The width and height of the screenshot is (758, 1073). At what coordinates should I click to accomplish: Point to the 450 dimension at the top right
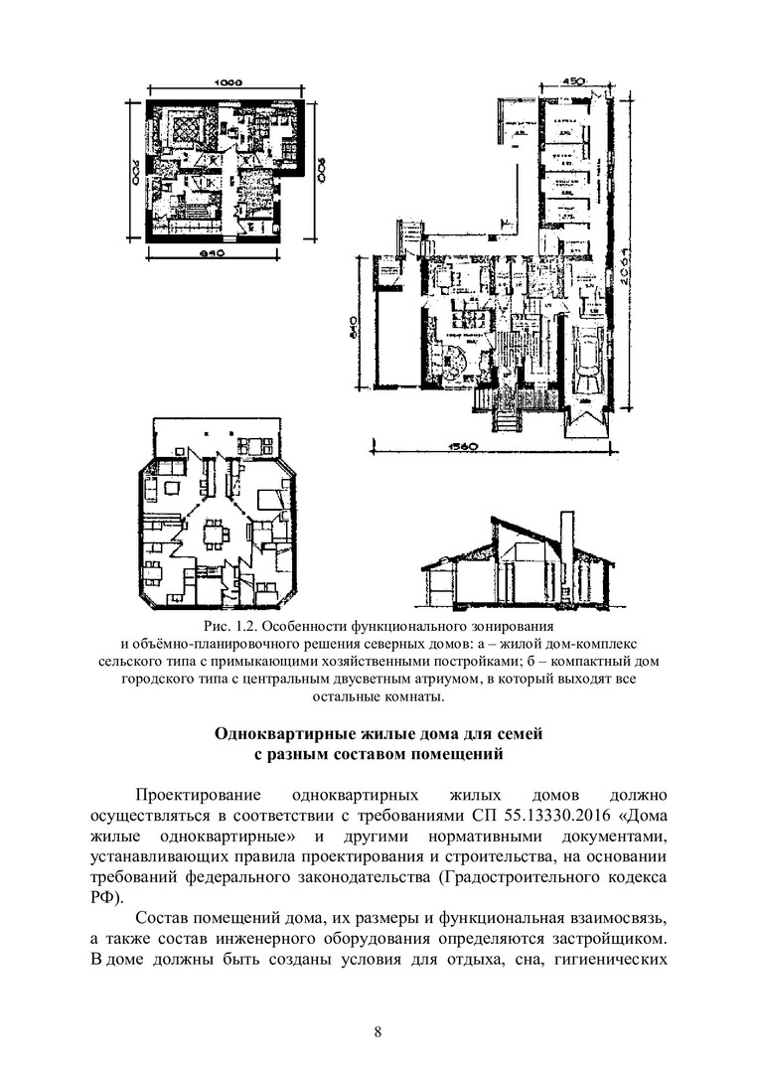coord(571,81)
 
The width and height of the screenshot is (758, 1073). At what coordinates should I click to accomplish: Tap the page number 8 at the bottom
coord(379,1030)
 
